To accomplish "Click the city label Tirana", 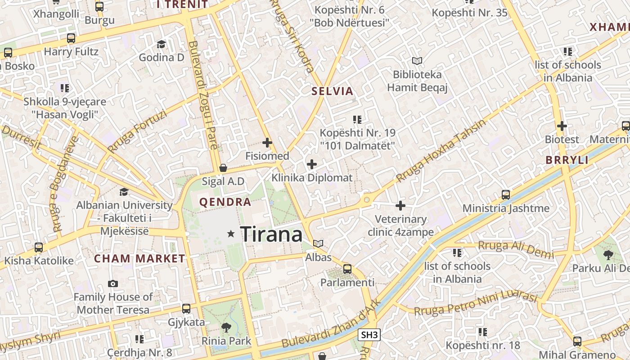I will (x=271, y=234).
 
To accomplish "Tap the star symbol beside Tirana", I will (x=231, y=234).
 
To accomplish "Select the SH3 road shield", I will (x=369, y=335).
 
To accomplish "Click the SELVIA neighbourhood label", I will (x=333, y=91).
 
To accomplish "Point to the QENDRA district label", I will (x=225, y=202).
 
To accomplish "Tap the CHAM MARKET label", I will (x=139, y=259).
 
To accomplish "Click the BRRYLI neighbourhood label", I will (x=567, y=160).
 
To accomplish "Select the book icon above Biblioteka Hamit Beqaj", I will (x=417, y=61).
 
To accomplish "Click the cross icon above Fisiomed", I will (x=267, y=143).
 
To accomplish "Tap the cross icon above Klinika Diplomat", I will (x=311, y=164).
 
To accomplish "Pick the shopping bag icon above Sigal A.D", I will (x=223, y=168).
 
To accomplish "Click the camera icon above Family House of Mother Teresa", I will (x=113, y=283).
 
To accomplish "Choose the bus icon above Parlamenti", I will (x=347, y=269).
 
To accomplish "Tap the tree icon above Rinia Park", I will (x=226, y=327).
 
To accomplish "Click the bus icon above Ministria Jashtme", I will (x=506, y=195).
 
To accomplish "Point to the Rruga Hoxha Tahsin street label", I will (x=441, y=151).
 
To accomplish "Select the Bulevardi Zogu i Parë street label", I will (x=203, y=95).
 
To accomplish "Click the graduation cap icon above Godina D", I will (x=161, y=44).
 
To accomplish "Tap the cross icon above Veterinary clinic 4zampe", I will (x=400, y=206).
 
